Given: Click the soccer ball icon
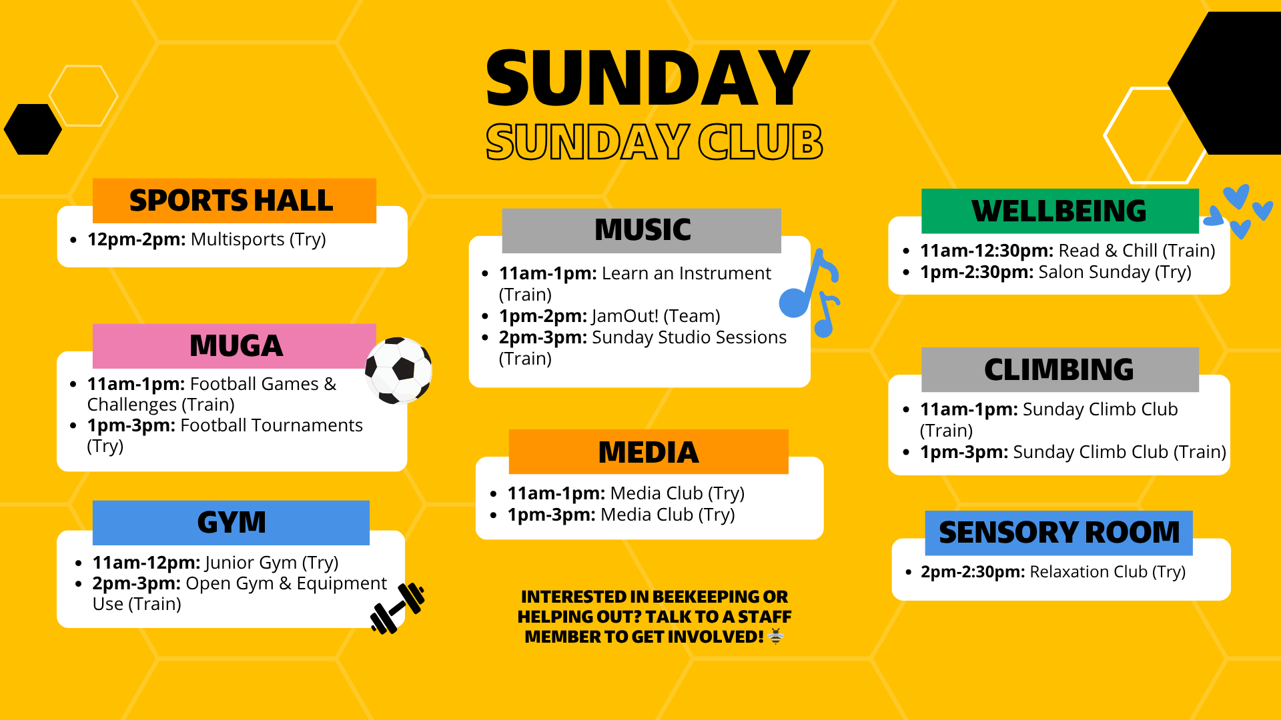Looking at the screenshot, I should coord(399,370).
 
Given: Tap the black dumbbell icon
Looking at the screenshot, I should coord(398,608).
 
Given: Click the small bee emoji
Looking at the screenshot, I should coord(776,637).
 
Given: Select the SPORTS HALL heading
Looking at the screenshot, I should coord(231,201).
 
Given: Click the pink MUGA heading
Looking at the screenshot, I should coord(236,346).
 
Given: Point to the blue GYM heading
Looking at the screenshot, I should coord(232,523).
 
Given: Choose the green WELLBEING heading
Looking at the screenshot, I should coord(1059,211).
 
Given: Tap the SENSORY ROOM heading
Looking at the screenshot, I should coord(1059,533).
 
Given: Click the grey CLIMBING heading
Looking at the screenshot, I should coord(1059,370).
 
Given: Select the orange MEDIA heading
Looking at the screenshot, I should coord(648,452).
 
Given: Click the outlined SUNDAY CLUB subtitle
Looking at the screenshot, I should coord(654,142).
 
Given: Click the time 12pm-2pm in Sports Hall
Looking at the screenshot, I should coord(136,239).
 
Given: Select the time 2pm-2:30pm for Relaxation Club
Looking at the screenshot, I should coord(972,572).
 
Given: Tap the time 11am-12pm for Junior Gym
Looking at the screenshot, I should coord(145,563).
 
